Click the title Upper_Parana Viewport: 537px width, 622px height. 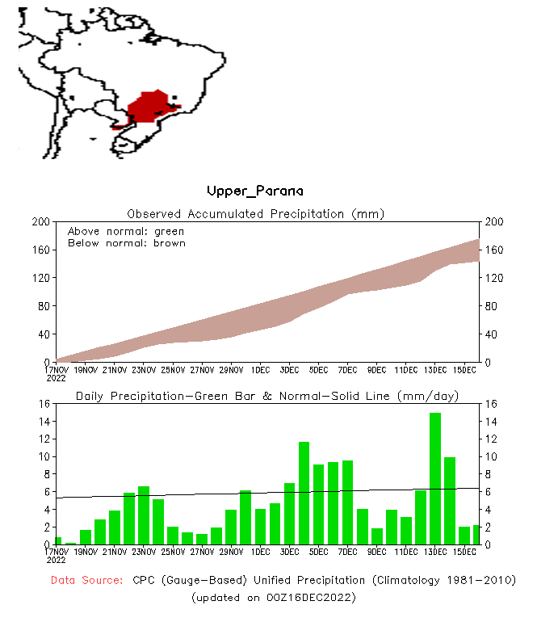pyautogui.click(x=255, y=191)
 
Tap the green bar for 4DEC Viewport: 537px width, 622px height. pyautogui.click(x=304, y=493)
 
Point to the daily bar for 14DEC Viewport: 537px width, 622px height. pyautogui.click(x=450, y=501)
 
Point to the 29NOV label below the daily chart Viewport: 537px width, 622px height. pyautogui.click(x=231, y=552)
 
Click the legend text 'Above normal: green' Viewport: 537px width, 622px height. pyautogui.click(x=126, y=231)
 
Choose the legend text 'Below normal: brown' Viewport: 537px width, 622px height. pyautogui.click(x=126, y=243)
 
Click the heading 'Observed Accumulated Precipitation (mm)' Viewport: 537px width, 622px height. pyautogui.click(x=255, y=214)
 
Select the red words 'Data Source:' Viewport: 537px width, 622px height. pyautogui.click(x=86, y=580)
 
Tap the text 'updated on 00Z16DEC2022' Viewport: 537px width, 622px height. pyautogui.click(x=273, y=598)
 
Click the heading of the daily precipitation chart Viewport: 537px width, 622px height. pyautogui.click(x=267, y=396)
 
